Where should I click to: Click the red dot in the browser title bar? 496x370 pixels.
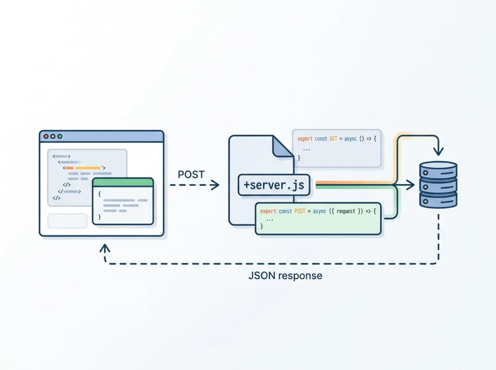click(46, 136)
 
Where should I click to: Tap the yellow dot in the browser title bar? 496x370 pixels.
click(53, 136)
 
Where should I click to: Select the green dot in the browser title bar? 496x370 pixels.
click(59, 136)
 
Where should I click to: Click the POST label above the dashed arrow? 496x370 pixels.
click(191, 174)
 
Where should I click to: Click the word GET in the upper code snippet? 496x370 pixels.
click(333, 139)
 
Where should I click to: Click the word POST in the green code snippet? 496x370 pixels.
click(300, 212)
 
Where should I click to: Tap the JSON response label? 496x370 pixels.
click(285, 276)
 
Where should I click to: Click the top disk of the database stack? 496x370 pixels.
click(438, 169)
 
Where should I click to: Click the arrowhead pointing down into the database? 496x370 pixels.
click(438, 152)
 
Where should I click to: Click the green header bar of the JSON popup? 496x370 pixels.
click(123, 182)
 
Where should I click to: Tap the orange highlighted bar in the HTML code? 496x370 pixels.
click(88, 168)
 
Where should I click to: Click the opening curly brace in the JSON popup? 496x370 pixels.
click(100, 194)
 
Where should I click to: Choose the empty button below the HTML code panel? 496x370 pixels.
click(67, 221)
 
